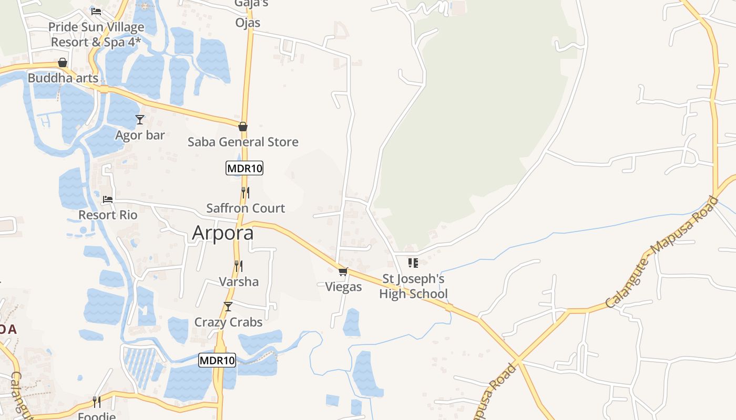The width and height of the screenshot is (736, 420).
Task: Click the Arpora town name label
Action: pyautogui.click(x=223, y=233)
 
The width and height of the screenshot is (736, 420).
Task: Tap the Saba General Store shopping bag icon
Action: pyautogui.click(x=243, y=127)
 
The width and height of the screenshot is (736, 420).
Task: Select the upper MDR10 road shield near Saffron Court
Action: pyautogui.click(x=244, y=169)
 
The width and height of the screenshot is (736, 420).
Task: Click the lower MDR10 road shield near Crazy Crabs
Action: pyautogui.click(x=217, y=360)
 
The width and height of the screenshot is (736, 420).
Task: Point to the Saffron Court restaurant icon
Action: pyautogui.click(x=245, y=192)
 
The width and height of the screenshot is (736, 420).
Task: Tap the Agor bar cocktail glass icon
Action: pyautogui.click(x=139, y=120)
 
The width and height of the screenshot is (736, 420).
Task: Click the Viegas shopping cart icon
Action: pyautogui.click(x=343, y=271)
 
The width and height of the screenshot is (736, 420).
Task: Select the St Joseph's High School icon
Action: pyautogui.click(x=413, y=262)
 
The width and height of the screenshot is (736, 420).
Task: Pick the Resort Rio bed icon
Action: pyautogui.click(x=108, y=199)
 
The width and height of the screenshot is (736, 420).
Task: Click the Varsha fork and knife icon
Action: pyautogui.click(x=239, y=266)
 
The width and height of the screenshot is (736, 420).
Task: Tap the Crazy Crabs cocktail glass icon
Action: pyautogui.click(x=228, y=307)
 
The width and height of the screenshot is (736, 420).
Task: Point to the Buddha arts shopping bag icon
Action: pyautogui.click(x=63, y=62)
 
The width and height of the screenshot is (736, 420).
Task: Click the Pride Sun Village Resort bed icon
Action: pyautogui.click(x=96, y=11)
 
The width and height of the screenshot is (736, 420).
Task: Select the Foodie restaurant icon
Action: pyautogui.click(x=97, y=402)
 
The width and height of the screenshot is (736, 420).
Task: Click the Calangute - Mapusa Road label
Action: pyautogui.click(x=661, y=253)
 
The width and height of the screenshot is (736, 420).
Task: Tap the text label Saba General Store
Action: pyautogui.click(x=243, y=142)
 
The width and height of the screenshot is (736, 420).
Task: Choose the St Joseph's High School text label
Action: pyautogui.click(x=413, y=286)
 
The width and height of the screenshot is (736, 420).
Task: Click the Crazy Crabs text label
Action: pyautogui.click(x=228, y=322)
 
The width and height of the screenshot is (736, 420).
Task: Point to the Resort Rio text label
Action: pyautogui.click(x=108, y=215)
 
